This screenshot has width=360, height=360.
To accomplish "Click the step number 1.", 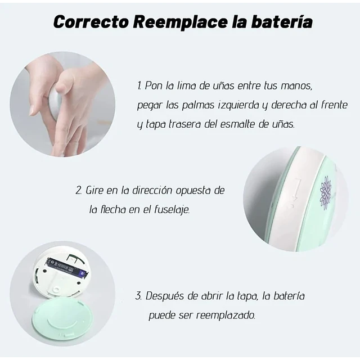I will coord(139,86).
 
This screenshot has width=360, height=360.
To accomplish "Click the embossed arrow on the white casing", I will coord(293,194).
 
